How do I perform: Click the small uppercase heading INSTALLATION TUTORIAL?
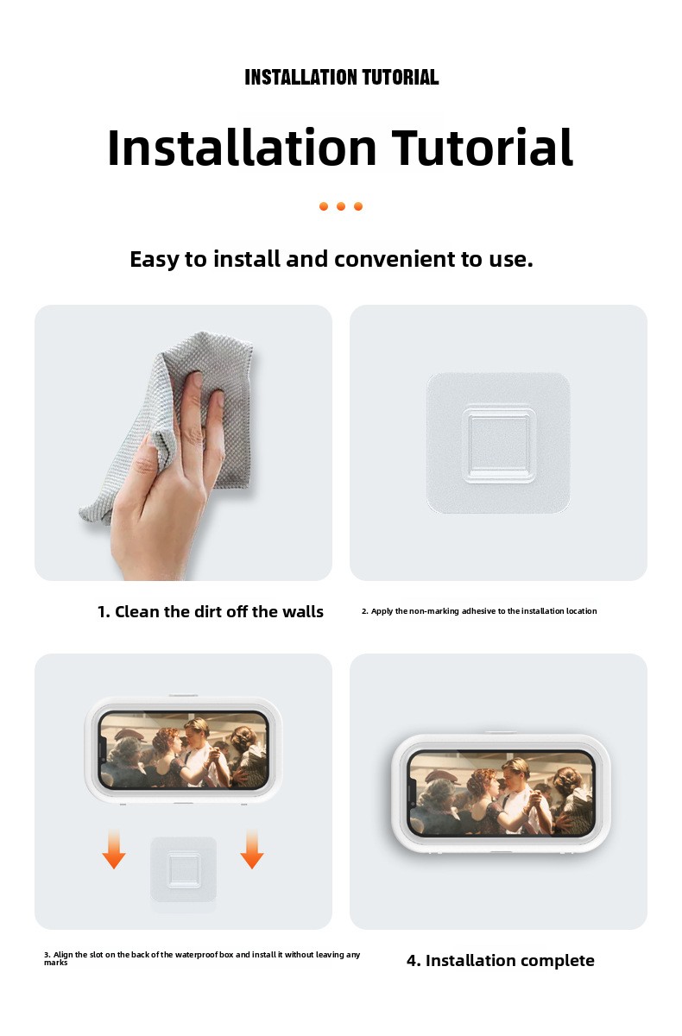point(341,77)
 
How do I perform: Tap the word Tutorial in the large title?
point(483,147)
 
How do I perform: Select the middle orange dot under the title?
point(341,206)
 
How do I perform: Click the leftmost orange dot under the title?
point(324,206)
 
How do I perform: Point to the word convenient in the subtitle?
point(395,259)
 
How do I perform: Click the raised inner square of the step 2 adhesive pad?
point(499,444)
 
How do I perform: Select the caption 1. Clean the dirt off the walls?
point(211,611)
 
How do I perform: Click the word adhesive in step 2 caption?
point(478,611)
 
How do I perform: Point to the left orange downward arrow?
point(114,849)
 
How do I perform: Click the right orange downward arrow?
point(252,849)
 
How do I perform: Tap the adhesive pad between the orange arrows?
point(184,869)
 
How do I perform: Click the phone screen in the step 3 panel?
point(184,749)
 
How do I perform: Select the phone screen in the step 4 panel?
point(501,793)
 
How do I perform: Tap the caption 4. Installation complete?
point(501,961)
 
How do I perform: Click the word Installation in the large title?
point(243,147)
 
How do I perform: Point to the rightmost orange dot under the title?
point(358,206)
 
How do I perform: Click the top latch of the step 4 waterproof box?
point(501,732)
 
